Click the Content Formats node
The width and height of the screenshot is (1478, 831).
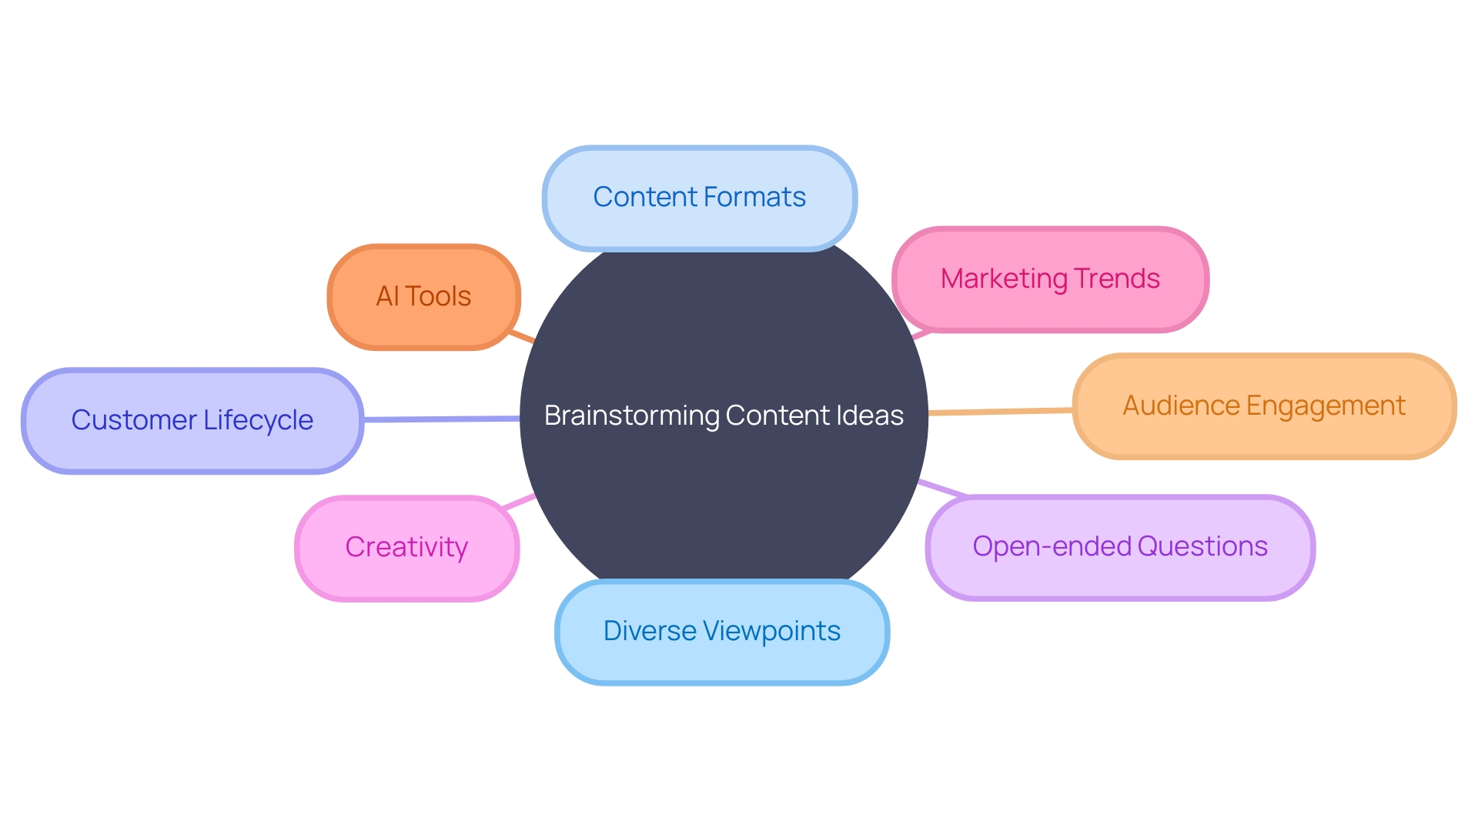(x=699, y=199)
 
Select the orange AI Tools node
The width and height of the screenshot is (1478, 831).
(x=423, y=297)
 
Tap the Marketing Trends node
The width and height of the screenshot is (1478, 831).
(x=1050, y=279)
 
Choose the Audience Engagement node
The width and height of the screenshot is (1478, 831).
(x=1264, y=406)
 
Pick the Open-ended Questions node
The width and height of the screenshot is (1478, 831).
(x=1119, y=547)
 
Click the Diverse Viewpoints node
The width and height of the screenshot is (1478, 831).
(x=721, y=632)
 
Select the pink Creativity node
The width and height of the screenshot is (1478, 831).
(x=406, y=548)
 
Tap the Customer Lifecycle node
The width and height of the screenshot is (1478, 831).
(x=192, y=421)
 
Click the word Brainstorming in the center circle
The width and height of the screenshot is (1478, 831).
(x=631, y=416)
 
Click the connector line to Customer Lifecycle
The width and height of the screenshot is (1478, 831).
(x=440, y=419)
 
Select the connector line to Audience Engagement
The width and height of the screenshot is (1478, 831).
(x=1001, y=412)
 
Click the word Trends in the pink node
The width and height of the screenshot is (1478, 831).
(x=1117, y=279)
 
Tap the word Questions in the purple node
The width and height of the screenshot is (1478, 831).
(x=1202, y=546)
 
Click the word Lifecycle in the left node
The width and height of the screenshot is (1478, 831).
(x=259, y=421)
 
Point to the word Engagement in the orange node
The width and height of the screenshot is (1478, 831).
(x=1326, y=406)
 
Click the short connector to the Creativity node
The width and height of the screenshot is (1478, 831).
(x=518, y=502)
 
